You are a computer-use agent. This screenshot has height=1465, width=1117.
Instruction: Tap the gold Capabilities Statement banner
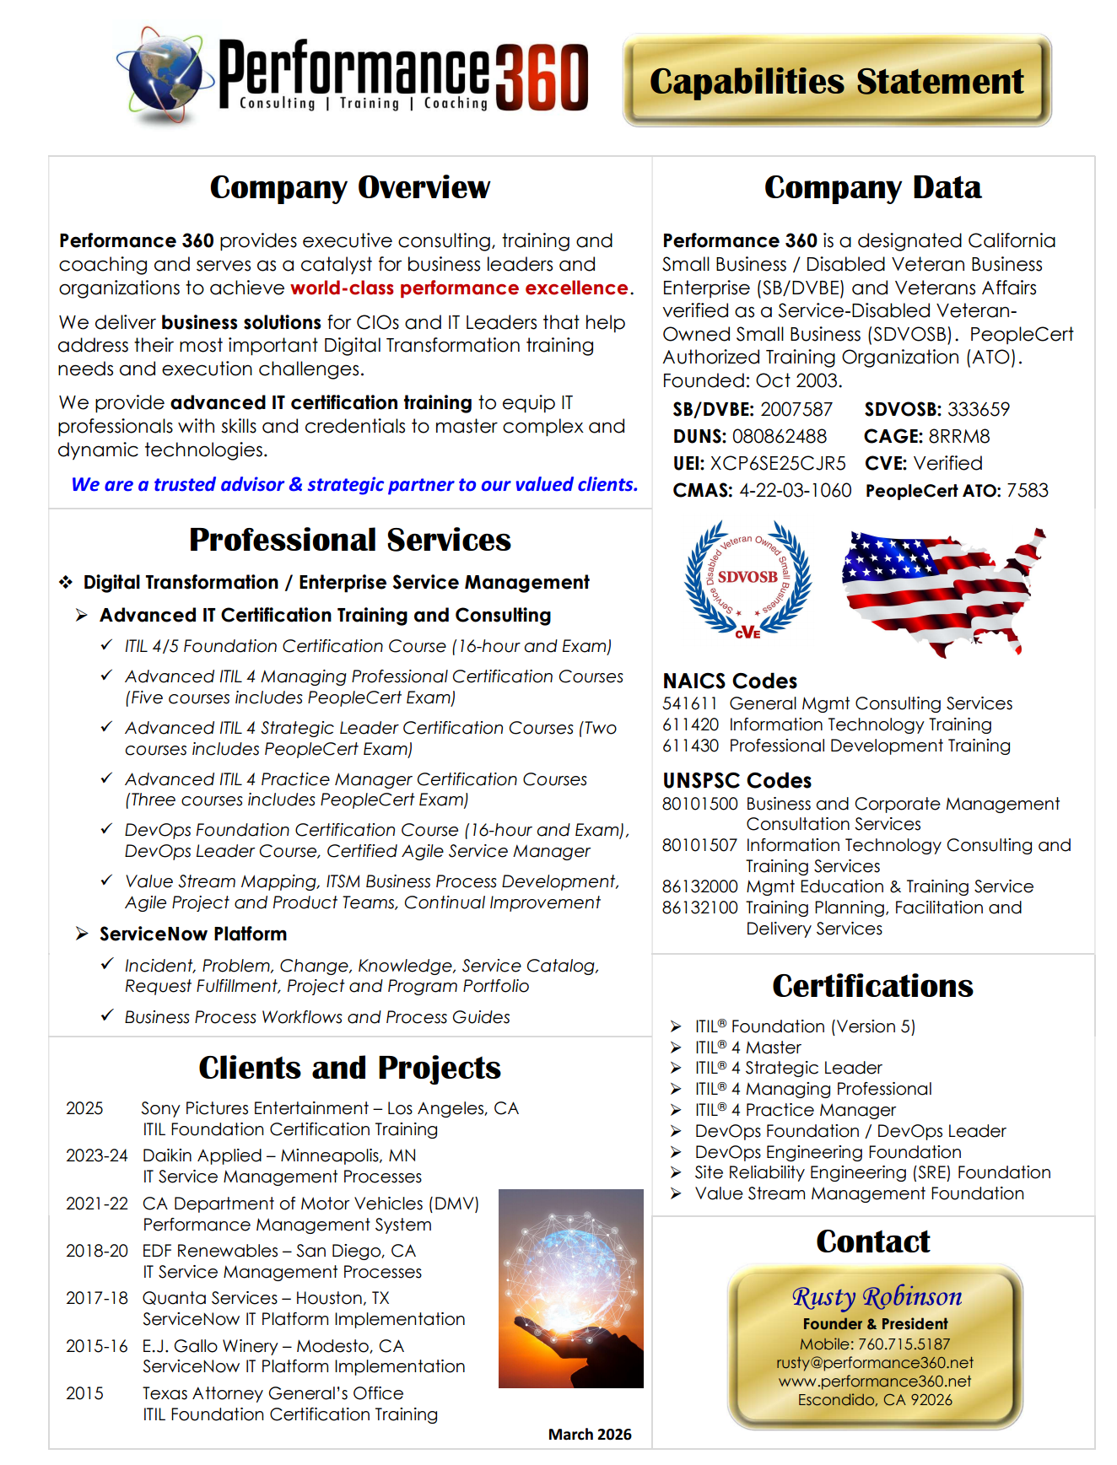point(836,81)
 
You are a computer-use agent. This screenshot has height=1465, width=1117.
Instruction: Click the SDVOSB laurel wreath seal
point(747,579)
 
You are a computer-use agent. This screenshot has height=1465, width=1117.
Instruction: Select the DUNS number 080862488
point(779,436)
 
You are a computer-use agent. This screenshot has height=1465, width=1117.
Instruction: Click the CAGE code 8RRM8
point(958,436)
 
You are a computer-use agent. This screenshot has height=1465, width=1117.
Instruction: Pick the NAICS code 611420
point(690,724)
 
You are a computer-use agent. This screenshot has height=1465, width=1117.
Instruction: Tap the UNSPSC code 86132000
point(699,886)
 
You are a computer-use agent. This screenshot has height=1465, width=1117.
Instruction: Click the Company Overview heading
point(349,187)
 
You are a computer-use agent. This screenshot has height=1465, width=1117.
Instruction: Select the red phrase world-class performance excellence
point(459,288)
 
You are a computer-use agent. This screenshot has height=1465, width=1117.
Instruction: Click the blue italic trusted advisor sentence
point(354,484)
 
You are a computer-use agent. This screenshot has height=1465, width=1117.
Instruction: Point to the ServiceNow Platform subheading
point(192,934)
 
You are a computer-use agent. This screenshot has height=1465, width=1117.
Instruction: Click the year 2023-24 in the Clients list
point(96,1155)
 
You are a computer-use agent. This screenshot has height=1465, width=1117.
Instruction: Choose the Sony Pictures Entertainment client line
point(329,1108)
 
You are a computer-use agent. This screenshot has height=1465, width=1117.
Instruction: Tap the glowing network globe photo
point(570,1288)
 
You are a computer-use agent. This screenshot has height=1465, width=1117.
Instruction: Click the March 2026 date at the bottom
point(589,1435)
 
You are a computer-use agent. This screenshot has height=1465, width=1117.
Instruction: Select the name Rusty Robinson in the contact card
point(876,1296)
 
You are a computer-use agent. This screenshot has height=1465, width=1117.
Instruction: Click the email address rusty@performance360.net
point(875,1363)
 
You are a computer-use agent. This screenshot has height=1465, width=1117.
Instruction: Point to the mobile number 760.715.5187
point(904,1344)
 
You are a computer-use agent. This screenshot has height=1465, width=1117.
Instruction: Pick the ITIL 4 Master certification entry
point(747,1048)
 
